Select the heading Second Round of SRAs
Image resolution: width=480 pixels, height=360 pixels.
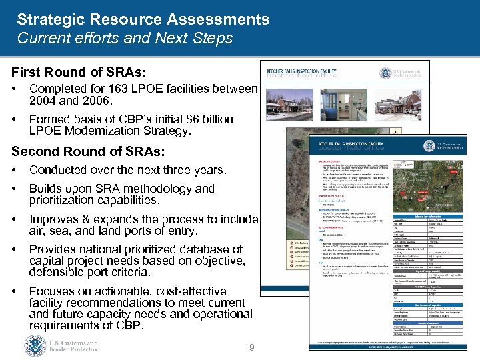coord(87,152)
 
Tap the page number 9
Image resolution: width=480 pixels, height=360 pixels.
coord(251,347)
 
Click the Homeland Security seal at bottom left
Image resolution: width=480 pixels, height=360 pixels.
coord(35,345)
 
